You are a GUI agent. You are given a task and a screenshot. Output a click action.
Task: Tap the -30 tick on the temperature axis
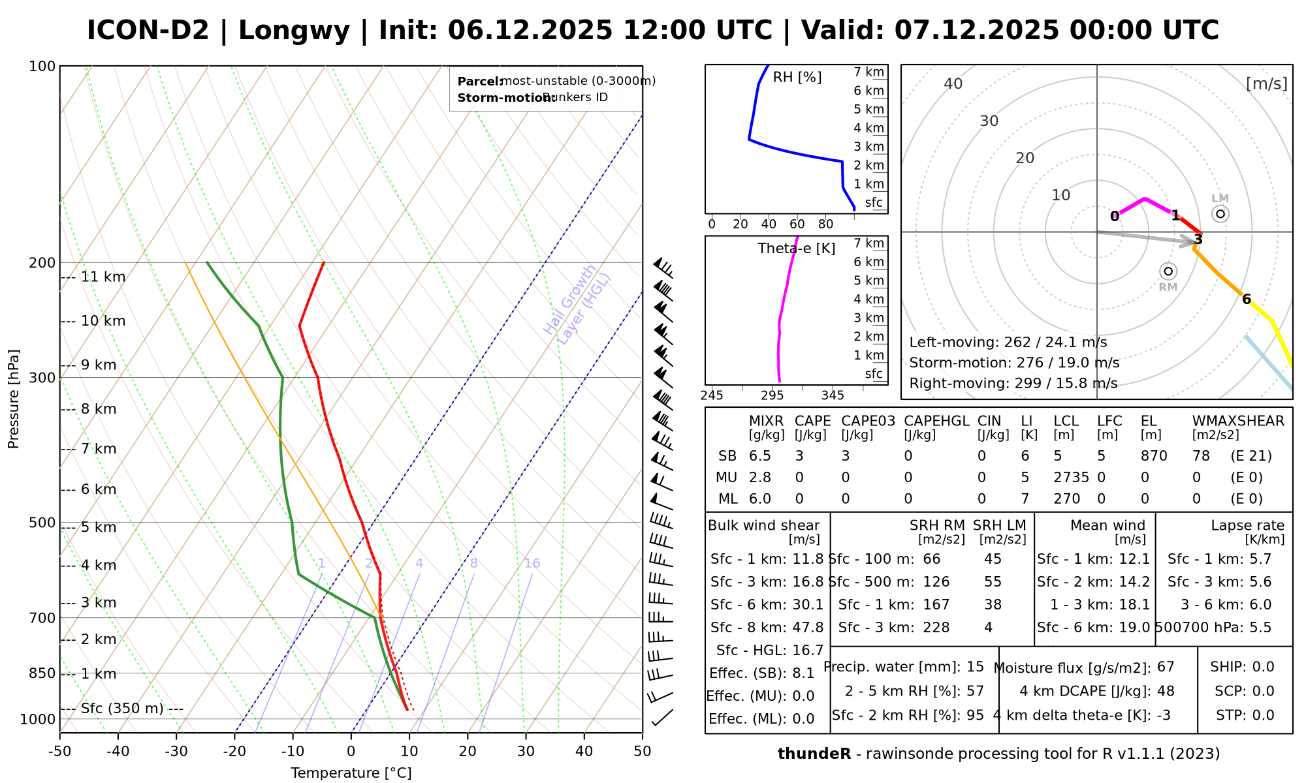coord(176,752)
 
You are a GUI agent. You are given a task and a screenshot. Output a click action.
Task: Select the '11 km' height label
coord(103,277)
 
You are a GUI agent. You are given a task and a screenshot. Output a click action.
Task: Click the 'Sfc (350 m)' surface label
coord(122,709)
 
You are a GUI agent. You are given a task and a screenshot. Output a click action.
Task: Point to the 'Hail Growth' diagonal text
coord(569,300)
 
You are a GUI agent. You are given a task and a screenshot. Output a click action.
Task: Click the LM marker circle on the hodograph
coord(1220,214)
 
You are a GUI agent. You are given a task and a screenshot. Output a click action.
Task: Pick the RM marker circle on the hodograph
coord(1168,271)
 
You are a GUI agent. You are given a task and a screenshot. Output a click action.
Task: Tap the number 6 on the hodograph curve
coord(1247,299)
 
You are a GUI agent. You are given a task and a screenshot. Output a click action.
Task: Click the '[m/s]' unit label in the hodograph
coord(1266,84)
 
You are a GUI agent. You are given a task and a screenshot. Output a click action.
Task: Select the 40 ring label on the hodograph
coord(953,84)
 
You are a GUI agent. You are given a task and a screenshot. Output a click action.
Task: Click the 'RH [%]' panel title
coord(797,78)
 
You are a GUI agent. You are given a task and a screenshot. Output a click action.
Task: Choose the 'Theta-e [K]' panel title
coord(796,249)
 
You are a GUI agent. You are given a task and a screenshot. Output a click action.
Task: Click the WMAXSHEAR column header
coord(1238,421)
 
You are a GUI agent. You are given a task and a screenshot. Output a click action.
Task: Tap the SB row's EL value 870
coord(1154,456)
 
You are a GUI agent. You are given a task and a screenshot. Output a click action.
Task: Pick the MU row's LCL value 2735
coord(1071,478)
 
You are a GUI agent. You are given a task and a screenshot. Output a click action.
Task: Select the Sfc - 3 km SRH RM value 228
coord(936,628)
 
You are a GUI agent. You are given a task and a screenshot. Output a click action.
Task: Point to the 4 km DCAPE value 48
coord(1165,691)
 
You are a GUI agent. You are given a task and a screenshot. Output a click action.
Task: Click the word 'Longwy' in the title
coord(295,31)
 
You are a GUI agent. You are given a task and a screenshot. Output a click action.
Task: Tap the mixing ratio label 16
coord(532,563)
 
